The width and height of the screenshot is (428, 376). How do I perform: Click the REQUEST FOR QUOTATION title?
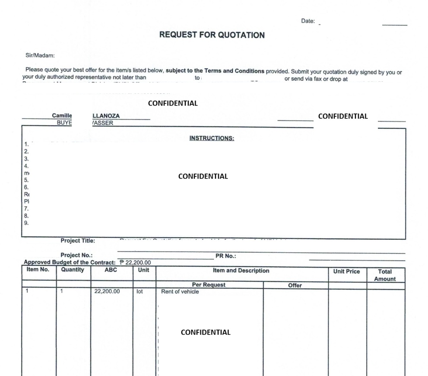click(x=212, y=35)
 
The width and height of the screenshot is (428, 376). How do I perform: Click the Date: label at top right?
click(x=308, y=21)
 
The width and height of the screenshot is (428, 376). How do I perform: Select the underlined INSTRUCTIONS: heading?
click(x=212, y=138)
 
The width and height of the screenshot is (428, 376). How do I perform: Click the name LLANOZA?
click(x=104, y=116)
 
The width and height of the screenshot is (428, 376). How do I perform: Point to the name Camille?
click(x=62, y=116)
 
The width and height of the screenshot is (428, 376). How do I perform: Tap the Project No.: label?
click(x=77, y=255)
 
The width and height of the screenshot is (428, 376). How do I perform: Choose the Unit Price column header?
click(x=347, y=271)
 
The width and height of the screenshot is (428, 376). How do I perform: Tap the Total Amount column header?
click(x=386, y=276)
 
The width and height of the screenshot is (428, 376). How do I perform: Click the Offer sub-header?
click(x=295, y=286)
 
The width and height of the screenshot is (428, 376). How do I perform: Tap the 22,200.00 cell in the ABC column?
click(x=107, y=292)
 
